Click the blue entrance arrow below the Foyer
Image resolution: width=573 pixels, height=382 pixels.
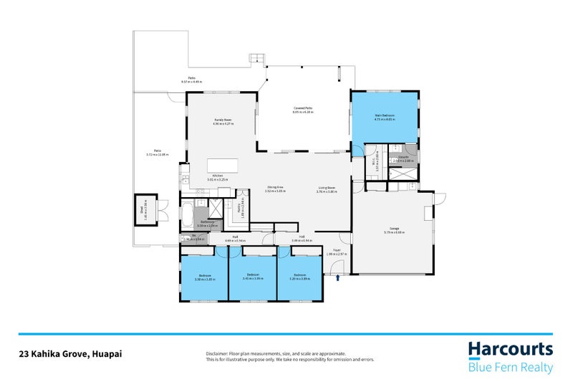coord(337,269)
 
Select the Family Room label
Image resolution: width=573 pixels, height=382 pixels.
coord(223,120)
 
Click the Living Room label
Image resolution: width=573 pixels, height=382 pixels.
coord(328,189)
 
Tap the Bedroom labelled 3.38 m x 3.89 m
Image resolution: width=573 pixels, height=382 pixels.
coord(205,277)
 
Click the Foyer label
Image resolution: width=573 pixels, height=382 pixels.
coord(336,252)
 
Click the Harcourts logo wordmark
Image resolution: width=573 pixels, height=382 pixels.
coord(511,349)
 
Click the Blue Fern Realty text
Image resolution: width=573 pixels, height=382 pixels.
coord(511,367)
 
